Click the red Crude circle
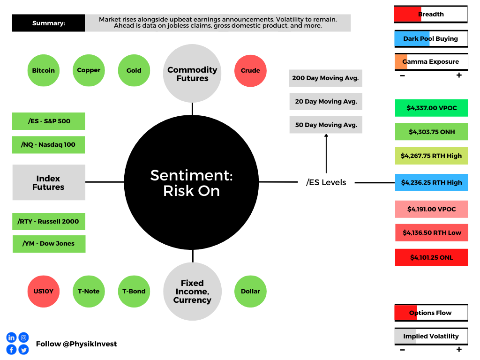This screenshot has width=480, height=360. click(x=250, y=71)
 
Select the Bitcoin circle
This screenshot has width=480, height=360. click(x=44, y=70)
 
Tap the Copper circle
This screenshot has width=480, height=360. click(x=89, y=70)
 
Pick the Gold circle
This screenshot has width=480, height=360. click(x=134, y=70)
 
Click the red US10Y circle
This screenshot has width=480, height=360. click(x=44, y=292)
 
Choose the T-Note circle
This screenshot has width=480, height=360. click(x=89, y=292)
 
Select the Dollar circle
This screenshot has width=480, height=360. click(x=250, y=292)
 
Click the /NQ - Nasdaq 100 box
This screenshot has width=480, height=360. click(x=48, y=145)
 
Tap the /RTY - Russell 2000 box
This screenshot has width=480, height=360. click(x=49, y=221)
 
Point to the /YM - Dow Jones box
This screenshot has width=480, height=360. click(x=49, y=244)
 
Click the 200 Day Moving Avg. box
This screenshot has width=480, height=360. click(x=326, y=78)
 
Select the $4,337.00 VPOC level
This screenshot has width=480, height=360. click(x=431, y=108)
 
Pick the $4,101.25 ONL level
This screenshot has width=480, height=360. click(x=431, y=257)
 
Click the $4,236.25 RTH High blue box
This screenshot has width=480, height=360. click(x=431, y=182)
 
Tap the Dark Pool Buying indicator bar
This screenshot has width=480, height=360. click(x=431, y=39)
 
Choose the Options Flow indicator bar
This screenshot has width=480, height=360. click(x=431, y=313)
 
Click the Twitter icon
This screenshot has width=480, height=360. click(x=23, y=350)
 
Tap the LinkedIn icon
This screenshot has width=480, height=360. click(x=11, y=337)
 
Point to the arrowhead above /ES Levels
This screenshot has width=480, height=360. click(x=326, y=135)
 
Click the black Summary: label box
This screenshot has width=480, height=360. click(x=48, y=23)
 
